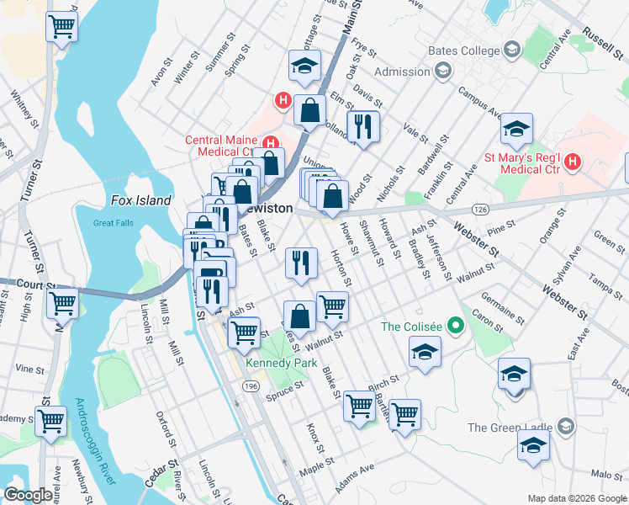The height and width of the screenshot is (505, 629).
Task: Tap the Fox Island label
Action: tap(141, 200)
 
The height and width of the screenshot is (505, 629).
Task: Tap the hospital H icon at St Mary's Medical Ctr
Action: tap(573, 160)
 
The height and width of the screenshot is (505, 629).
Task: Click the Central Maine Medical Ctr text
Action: tap(221, 146)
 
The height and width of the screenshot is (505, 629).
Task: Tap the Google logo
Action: tap(28, 495)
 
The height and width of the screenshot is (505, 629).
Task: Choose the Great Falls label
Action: tap(114, 223)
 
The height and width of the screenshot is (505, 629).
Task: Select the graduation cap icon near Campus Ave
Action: tap(516, 130)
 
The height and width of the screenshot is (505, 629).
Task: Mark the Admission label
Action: tap(402, 72)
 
